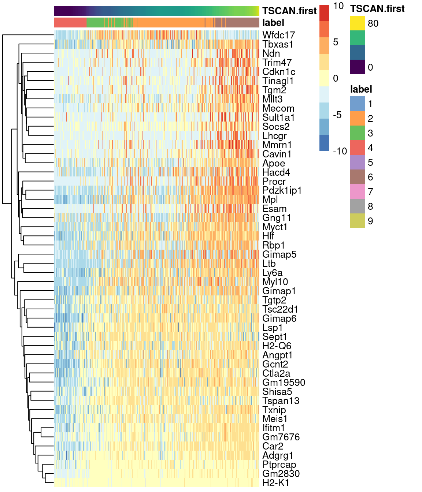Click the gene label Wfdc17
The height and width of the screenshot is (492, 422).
tap(278, 35)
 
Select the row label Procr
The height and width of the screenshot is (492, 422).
tap(274, 182)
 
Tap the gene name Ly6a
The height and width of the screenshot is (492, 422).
tap(272, 273)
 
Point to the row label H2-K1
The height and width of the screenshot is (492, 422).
tap(275, 483)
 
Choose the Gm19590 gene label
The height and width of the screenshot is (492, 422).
tap(284, 383)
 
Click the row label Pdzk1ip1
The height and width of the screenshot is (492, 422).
tap(282, 190)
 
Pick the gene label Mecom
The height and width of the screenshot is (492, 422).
tap(278, 108)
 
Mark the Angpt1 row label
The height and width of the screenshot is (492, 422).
tap(277, 355)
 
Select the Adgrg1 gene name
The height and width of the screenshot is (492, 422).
tap(278, 455)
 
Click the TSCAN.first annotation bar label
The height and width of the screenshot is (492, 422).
tap(289, 11)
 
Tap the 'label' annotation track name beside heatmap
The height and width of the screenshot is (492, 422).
tap(273, 23)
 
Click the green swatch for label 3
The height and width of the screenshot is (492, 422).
tap(357, 133)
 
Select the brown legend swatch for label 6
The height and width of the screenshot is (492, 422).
tap(357, 177)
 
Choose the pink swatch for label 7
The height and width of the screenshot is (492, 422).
tap(357, 192)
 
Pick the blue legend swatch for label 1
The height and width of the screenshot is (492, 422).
tap(357, 104)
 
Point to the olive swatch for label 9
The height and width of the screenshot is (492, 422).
tap(357, 221)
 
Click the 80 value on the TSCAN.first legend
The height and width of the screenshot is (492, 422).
tap(373, 23)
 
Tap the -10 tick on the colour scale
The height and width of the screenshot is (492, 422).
tap(340, 151)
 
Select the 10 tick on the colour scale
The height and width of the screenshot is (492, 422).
tap(338, 6)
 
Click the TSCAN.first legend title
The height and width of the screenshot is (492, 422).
tap(377, 9)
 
